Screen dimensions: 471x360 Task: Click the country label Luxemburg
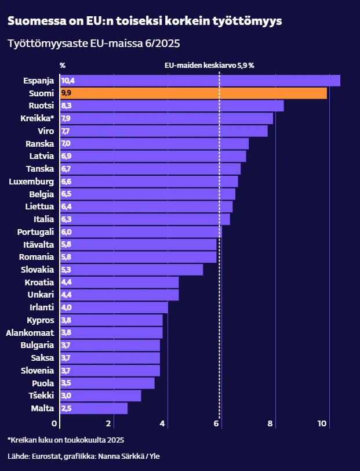31,182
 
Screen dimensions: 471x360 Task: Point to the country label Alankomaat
30,333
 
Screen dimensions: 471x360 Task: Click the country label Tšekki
41,396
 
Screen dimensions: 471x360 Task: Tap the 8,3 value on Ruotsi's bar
66,106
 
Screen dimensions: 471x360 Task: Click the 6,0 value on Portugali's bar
66,232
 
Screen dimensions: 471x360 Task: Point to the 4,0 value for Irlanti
66,307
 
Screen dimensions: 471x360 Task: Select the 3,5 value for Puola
66,383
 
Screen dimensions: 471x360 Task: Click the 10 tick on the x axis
322,424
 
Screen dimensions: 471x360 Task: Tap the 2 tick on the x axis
109,424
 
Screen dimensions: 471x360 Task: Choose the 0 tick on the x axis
55,424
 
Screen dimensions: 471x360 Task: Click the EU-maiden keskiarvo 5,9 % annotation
210,66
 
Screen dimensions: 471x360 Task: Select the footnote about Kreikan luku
66,440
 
